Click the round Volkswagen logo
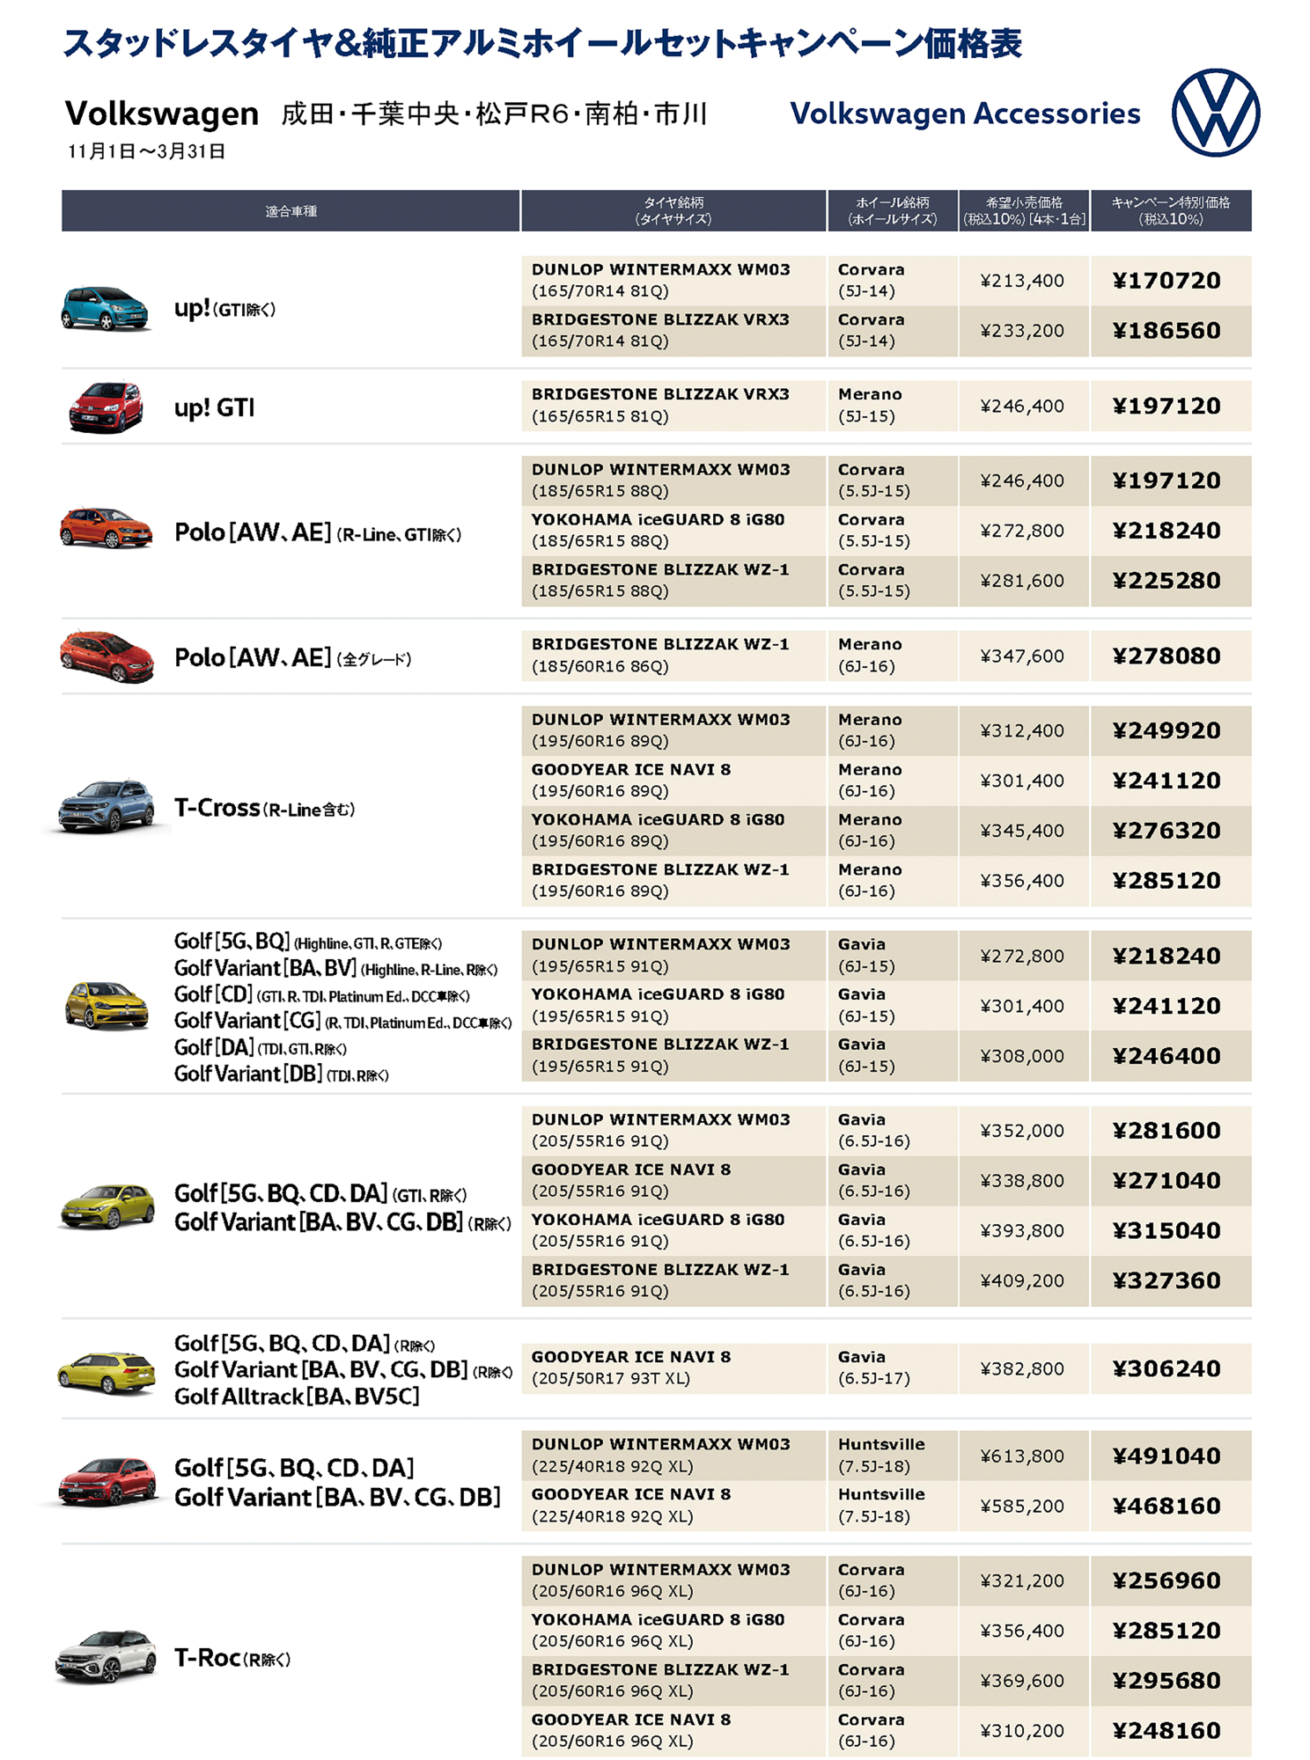(1215, 113)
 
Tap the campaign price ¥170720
(1166, 281)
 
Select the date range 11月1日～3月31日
(146, 151)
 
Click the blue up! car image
(105, 308)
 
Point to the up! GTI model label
(214, 407)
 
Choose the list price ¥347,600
(1022, 656)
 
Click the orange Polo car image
(105, 528)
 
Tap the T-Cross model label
(264, 808)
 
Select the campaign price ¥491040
(1166, 1456)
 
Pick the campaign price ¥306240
(1166, 1368)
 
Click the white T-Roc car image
(105, 1656)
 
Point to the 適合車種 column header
(291, 211)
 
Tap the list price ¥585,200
(1022, 1506)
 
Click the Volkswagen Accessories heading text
(965, 114)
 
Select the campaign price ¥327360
(1166, 1280)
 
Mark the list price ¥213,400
(1022, 281)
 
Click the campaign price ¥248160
(1166, 1730)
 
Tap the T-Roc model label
(232, 1659)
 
